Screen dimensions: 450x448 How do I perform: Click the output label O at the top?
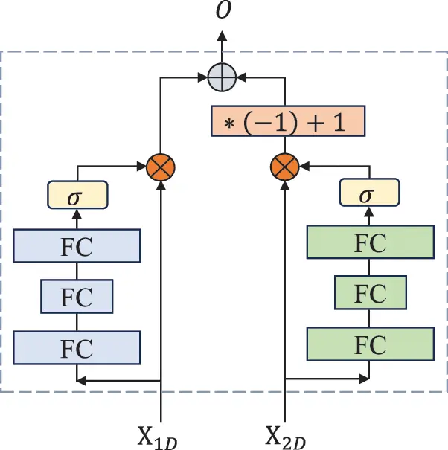click(222, 12)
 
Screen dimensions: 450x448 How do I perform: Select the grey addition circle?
click(222, 76)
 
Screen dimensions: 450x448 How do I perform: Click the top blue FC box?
click(77, 246)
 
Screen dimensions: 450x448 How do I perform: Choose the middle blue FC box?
click(77, 296)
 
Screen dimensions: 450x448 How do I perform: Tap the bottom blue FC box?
click(77, 346)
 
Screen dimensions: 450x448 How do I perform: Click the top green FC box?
click(370, 242)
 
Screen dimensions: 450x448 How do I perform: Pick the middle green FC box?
click(370, 293)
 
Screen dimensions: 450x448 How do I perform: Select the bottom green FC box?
click(370, 344)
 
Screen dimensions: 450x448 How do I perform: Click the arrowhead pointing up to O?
click(222, 36)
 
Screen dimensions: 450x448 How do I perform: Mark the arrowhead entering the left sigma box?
click(77, 214)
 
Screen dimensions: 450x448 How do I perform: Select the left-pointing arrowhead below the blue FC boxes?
click(83, 381)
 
